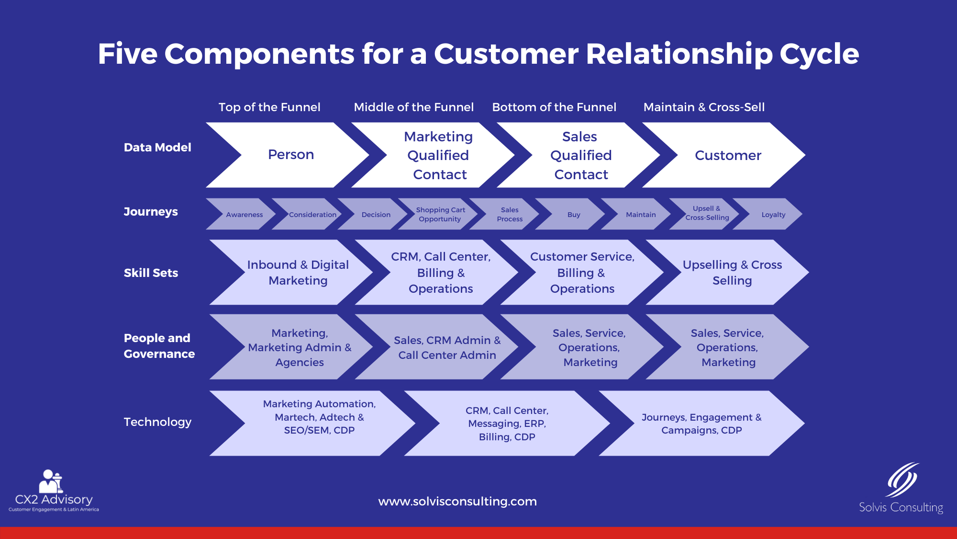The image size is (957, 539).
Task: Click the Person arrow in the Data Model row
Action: pos(290,155)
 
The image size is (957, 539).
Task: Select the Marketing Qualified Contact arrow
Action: pos(438,155)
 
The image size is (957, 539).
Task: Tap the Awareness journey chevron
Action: pos(244,215)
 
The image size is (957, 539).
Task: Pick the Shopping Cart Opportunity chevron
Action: pos(440,214)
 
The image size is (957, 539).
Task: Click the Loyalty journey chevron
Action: pos(773,215)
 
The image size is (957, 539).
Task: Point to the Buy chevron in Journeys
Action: pos(573,215)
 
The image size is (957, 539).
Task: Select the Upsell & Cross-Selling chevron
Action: pos(707,213)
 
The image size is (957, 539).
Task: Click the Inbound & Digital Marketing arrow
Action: pos(298,272)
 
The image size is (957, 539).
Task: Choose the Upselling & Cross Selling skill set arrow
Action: pos(732,272)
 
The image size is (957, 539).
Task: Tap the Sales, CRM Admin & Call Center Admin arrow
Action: pos(446,347)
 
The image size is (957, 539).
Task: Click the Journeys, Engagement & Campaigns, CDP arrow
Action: pos(701,424)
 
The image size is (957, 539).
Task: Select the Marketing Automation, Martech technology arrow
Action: pos(319,417)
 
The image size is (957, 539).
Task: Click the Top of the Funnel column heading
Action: pos(269,107)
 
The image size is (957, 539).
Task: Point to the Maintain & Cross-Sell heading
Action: pos(704,107)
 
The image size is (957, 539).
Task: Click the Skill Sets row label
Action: pos(151,273)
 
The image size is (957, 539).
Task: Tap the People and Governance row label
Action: pos(159,345)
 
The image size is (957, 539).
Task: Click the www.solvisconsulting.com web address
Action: pos(457,502)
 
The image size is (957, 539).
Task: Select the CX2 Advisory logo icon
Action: pos(51,482)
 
